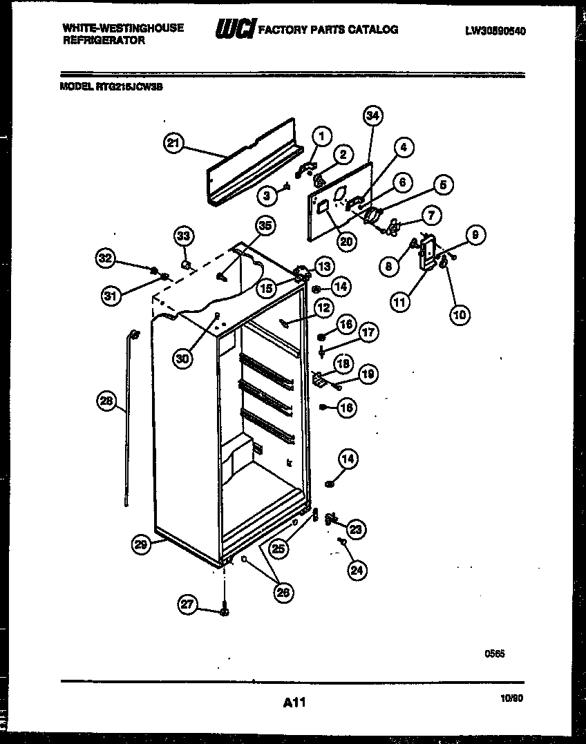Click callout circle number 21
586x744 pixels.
[x=173, y=144]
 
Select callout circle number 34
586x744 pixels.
[x=372, y=117]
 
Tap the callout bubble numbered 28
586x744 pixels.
[x=106, y=403]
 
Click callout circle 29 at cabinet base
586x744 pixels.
[x=142, y=545]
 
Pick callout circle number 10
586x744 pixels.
[x=460, y=314]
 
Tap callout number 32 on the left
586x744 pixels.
[x=105, y=259]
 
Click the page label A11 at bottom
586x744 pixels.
[x=294, y=703]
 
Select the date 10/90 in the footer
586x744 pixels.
[x=511, y=699]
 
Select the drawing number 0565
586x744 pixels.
[x=494, y=654]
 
